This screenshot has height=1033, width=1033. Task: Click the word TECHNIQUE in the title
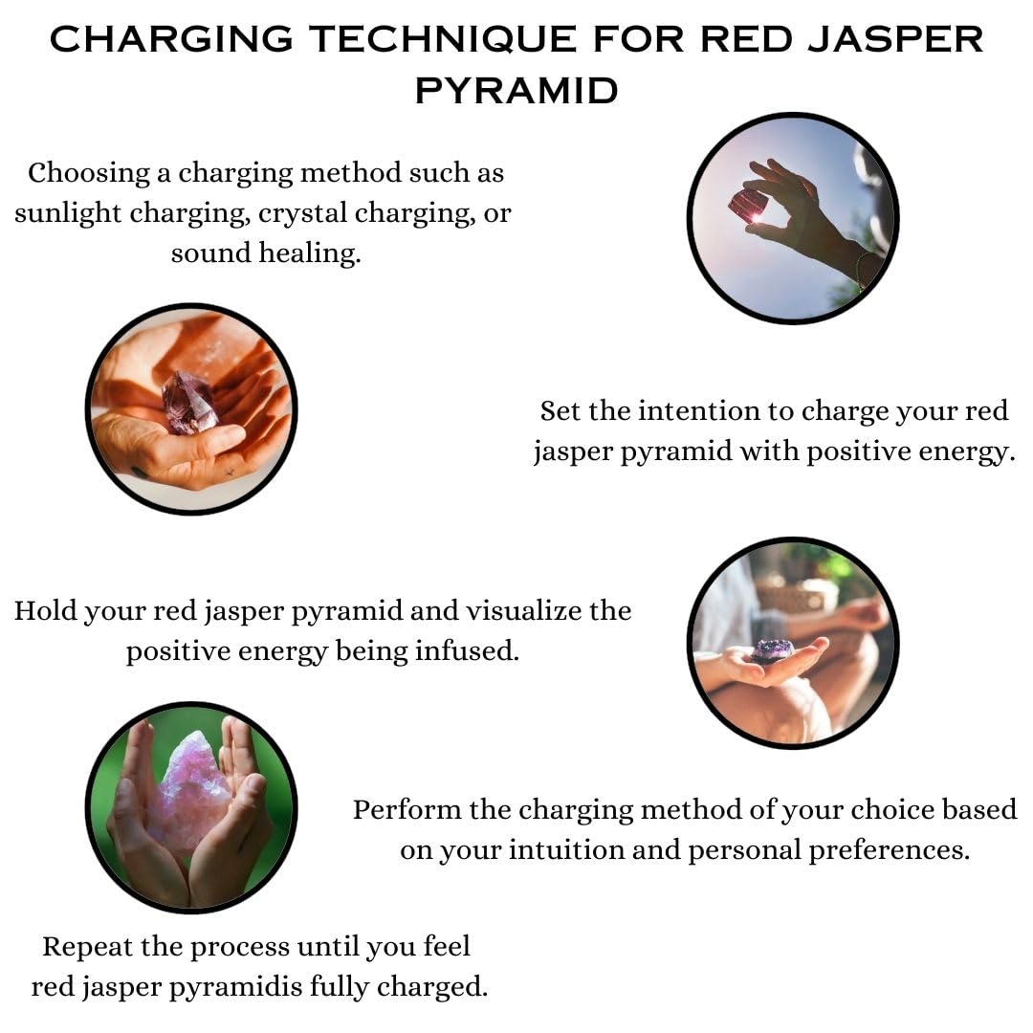(x=444, y=39)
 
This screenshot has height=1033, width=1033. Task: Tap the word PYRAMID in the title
(x=516, y=90)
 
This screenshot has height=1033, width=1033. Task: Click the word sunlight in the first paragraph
(x=68, y=213)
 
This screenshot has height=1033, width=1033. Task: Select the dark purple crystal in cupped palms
(x=189, y=403)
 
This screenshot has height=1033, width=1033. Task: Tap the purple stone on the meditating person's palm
(x=772, y=651)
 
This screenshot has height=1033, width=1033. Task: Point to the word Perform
(x=407, y=810)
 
